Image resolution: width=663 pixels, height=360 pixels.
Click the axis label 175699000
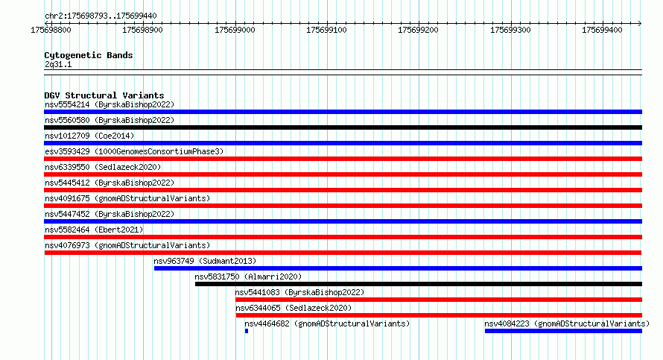tap(235, 30)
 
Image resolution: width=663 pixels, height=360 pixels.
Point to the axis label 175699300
tap(510, 30)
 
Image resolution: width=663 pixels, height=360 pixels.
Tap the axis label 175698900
tap(142, 30)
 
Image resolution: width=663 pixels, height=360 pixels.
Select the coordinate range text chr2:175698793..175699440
tap(101, 16)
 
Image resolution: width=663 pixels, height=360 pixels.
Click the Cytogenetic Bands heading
tap(89, 55)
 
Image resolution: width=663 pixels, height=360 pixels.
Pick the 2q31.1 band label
tap(58, 64)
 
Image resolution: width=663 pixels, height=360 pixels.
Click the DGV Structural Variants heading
tap(104, 95)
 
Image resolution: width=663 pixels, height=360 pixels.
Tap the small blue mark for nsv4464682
tap(247, 331)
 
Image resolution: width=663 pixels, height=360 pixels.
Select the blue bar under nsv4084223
tap(563, 331)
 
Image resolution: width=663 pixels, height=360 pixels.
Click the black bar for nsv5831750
tap(418, 284)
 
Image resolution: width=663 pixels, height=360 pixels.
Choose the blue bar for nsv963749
tap(398, 268)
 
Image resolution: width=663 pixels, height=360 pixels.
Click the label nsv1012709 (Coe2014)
tap(89, 136)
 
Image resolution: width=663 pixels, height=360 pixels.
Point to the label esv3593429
tap(67, 151)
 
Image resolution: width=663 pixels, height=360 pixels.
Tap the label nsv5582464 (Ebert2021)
tap(94, 230)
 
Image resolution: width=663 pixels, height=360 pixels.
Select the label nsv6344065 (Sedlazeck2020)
tap(294, 308)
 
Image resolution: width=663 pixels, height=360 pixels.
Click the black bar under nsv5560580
tap(343, 127)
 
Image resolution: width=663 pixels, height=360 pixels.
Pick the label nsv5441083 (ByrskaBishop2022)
tap(299, 292)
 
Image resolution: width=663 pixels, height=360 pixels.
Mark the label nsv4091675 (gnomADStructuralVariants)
tap(127, 198)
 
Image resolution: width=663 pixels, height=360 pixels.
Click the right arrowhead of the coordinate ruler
tap(640, 23)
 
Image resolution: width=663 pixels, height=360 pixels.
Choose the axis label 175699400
tap(602, 30)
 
